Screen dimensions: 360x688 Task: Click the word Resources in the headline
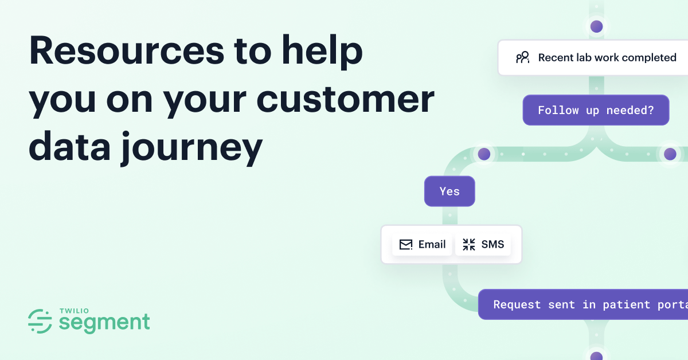click(126, 50)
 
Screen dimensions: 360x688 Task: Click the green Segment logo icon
click(40, 322)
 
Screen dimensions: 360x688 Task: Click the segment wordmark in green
click(104, 323)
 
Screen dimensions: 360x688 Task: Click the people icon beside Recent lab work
click(522, 57)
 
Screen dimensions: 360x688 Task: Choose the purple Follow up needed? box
click(596, 110)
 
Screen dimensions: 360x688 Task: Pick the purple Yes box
click(449, 191)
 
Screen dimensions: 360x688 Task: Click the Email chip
click(423, 245)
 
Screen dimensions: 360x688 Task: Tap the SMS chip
click(483, 245)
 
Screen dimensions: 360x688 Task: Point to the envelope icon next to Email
click(406, 245)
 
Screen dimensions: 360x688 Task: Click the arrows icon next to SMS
click(469, 245)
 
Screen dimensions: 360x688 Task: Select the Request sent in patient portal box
click(583, 304)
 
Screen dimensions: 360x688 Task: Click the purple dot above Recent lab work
click(597, 26)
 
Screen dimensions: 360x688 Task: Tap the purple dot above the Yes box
click(484, 154)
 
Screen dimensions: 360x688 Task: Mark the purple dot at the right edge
click(670, 154)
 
